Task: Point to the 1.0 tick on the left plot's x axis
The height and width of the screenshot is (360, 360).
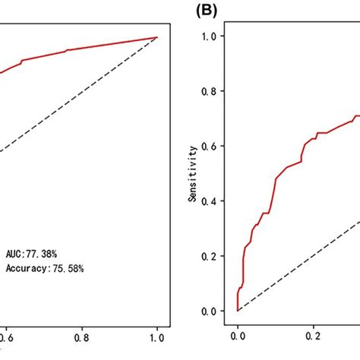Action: click(157, 332)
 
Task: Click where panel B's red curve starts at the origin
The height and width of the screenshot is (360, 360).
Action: click(238, 311)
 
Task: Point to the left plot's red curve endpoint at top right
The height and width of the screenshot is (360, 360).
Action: click(157, 36)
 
